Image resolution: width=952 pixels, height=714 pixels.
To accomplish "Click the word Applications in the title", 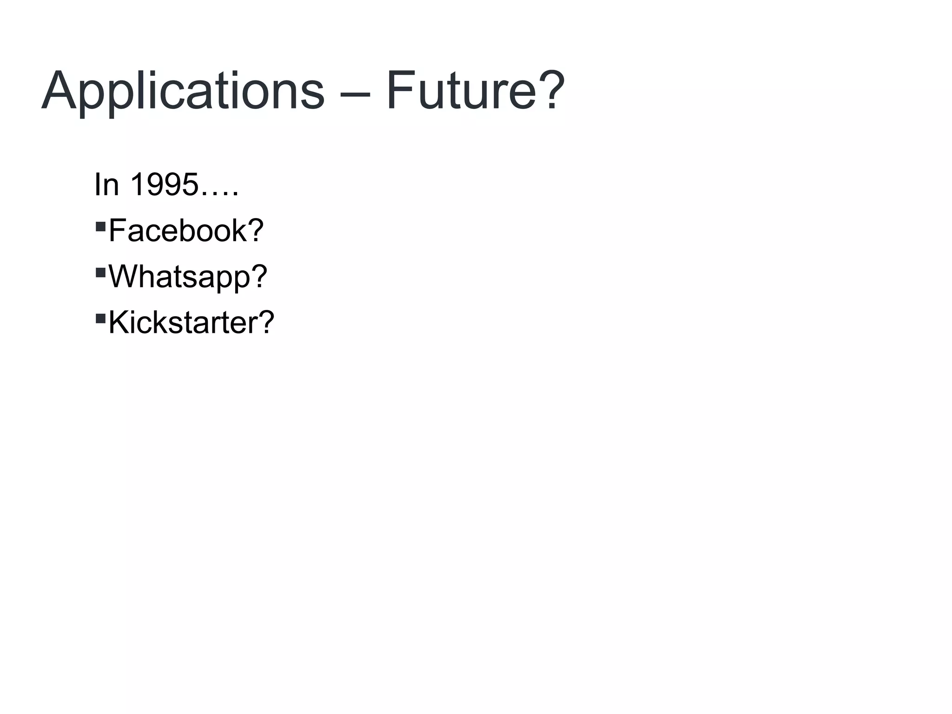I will [183, 91].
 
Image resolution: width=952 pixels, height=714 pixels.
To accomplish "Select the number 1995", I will [164, 185].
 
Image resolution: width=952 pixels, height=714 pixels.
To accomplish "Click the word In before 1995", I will [106, 185].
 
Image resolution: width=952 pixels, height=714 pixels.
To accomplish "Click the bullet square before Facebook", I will [100, 226].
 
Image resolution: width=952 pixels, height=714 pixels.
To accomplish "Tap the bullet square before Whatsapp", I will [100, 272].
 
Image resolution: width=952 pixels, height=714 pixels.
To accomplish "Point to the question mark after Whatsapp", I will [259, 276].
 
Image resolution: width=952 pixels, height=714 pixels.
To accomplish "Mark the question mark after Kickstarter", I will [266, 322].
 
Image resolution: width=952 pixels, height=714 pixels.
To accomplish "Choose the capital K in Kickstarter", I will [119, 322].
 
